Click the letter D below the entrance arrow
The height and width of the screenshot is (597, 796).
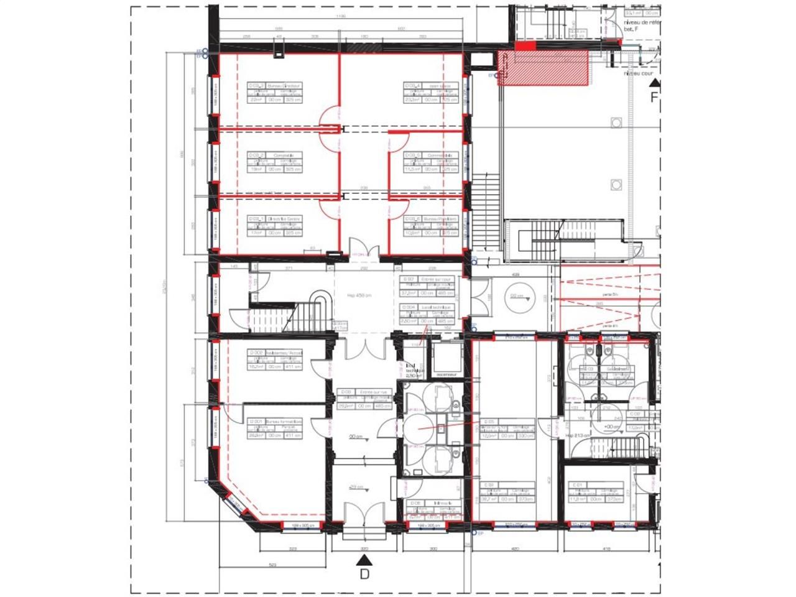click(x=364, y=573)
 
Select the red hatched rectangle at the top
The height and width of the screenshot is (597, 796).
click(x=543, y=68)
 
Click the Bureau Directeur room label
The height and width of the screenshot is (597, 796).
click(x=275, y=92)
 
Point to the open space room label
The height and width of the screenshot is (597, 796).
click(x=430, y=92)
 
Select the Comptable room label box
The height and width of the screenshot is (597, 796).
click(x=275, y=162)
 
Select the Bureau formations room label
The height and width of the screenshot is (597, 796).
click(x=275, y=428)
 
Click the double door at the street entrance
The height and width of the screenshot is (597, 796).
click(x=363, y=520)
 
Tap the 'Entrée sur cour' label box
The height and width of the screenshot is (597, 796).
click(x=427, y=286)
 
